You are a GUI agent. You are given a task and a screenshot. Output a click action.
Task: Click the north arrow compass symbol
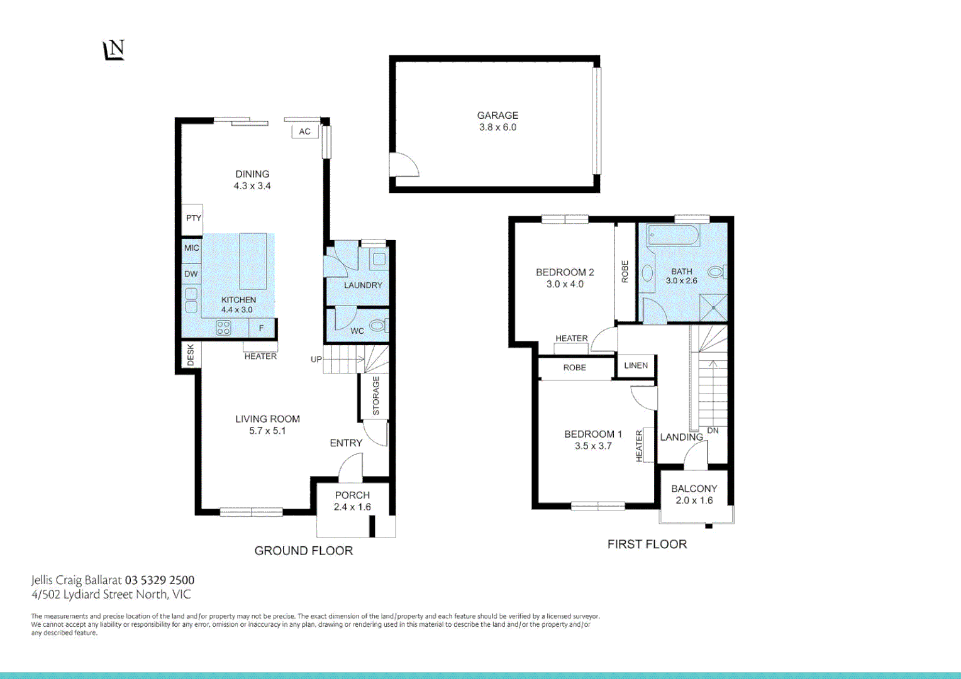tap(114, 50)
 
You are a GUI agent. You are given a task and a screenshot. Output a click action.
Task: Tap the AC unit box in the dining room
tap(304, 131)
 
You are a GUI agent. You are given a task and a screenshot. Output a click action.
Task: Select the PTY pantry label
tap(193, 218)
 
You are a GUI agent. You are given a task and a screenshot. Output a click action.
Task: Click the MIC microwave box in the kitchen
tap(191, 248)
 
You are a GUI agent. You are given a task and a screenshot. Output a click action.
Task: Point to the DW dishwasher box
tap(191, 273)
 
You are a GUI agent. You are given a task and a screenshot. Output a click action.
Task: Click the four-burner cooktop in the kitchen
tap(223, 328)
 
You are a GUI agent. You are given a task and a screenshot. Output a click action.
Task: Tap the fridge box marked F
tap(262, 328)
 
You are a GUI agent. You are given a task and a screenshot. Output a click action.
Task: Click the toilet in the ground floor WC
tap(378, 326)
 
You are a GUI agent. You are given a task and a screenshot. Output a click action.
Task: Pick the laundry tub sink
tap(379, 258)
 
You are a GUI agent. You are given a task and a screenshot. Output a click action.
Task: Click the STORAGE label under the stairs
tap(375, 396)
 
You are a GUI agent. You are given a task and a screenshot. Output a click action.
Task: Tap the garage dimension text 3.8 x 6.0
tap(497, 127)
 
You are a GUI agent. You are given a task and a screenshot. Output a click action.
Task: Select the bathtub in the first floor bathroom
tap(673, 236)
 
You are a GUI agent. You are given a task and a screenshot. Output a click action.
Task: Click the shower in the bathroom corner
tap(714, 308)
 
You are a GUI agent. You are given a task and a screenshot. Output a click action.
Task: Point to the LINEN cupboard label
tap(636, 365)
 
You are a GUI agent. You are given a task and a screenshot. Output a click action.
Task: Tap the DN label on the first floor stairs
tap(713, 431)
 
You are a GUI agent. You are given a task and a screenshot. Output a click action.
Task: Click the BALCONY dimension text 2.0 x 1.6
tap(694, 500)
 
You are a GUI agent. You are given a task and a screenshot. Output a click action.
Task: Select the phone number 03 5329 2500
tap(160, 580)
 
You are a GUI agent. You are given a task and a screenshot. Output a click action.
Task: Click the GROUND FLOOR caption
tap(303, 551)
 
